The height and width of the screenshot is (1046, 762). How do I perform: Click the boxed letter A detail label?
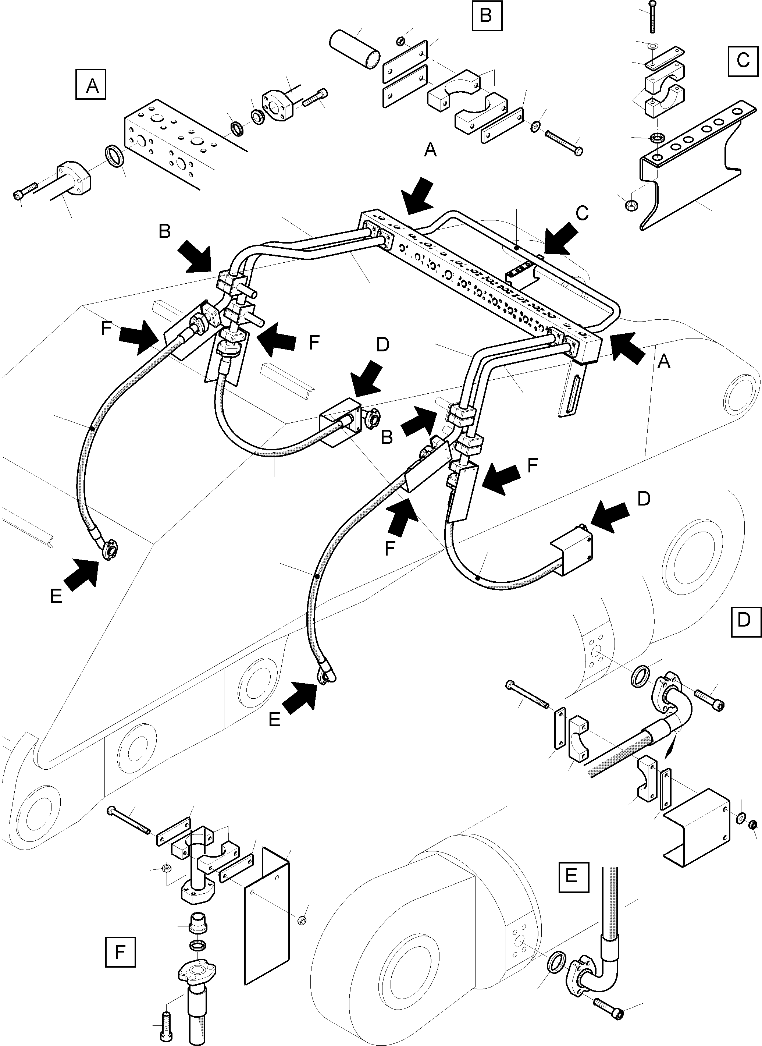point(91,84)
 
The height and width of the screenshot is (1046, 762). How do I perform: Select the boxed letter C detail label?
point(742,60)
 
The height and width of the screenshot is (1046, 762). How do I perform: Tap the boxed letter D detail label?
point(744,621)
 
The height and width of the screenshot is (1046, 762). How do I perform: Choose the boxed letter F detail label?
point(120,951)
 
